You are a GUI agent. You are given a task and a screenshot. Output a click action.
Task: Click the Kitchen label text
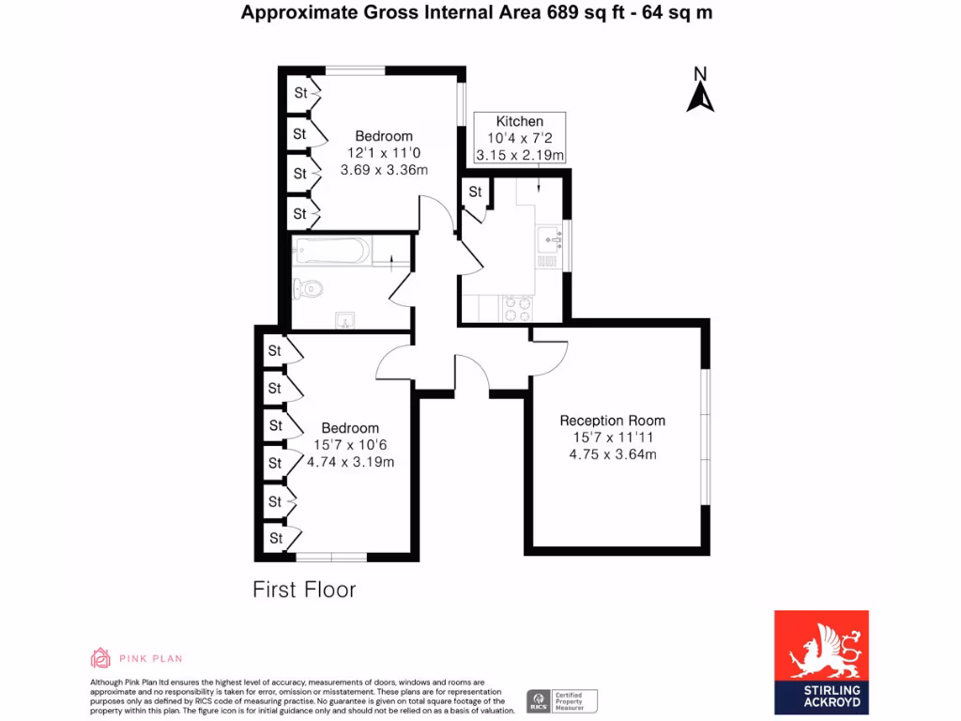pos(519,121)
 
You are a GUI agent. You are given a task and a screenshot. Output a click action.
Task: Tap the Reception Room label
pos(612,421)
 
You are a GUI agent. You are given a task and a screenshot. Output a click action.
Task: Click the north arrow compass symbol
pos(700,91)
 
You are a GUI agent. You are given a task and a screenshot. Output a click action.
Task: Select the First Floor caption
pos(304,590)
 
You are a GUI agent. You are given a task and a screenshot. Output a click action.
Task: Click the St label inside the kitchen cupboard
pos(476,192)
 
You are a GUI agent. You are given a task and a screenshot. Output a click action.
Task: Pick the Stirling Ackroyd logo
pos(821,662)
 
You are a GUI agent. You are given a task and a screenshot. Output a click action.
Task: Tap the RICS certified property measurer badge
pos(561,701)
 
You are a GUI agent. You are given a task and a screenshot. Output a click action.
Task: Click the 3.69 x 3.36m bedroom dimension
pos(384,170)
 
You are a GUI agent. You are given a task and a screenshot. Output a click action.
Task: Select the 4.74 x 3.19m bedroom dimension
pos(350,462)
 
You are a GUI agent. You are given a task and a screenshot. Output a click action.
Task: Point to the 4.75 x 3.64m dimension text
pos(612,455)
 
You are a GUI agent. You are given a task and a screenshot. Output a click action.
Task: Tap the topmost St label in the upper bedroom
pos(300,93)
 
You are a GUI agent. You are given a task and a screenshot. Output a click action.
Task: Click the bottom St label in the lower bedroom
pos(276,539)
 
